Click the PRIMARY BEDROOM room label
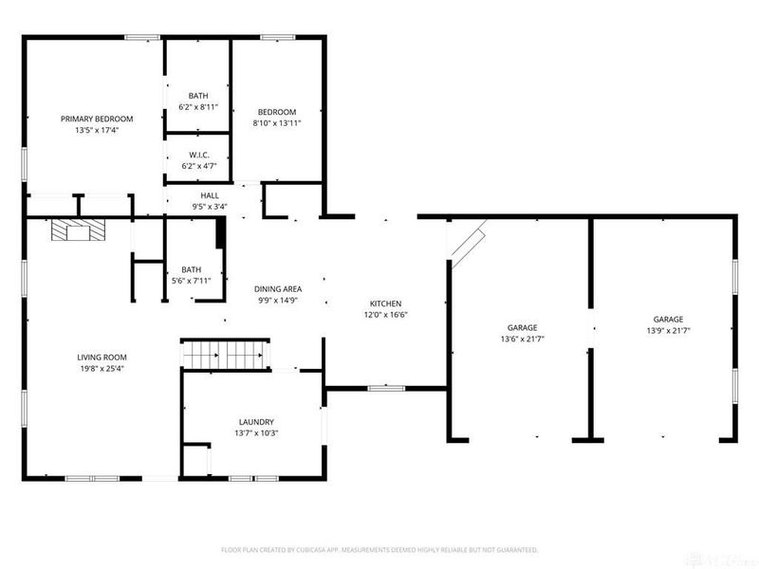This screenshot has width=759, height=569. coord(97,119)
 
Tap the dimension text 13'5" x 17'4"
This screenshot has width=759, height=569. coord(97,130)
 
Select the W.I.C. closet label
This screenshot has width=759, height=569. coord(199,155)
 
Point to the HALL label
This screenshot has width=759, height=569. coord(210,195)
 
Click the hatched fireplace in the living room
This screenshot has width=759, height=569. coord(78,229)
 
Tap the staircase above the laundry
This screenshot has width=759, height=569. coord(225,355)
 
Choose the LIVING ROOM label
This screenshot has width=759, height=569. coord(102,358)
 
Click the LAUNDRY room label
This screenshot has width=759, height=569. coord(256,422)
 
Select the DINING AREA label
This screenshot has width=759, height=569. coord(278,289)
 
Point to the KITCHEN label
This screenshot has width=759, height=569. coord(385,303)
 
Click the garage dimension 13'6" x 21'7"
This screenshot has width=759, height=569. coord(523,340)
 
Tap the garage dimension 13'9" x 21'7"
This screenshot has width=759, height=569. coord(669,331)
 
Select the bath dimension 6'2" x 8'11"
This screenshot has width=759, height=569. coord(198,107)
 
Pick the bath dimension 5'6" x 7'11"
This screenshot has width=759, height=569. coord(192,281)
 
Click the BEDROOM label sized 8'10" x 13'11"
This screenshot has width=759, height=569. coord(277,112)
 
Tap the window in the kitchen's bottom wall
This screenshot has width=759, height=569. coord(386,388)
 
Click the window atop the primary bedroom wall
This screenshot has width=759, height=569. coord(142,37)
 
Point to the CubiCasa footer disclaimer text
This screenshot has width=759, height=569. coord(379,550)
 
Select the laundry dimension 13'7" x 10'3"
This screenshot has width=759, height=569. coord(256,433)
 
